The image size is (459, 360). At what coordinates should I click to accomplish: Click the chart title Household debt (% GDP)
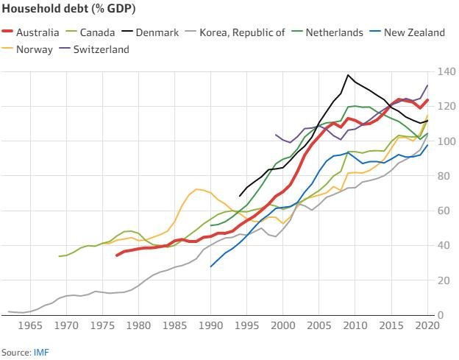62,9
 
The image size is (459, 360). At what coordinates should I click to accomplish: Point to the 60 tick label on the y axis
444,211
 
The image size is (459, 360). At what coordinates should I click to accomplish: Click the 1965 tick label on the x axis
30,325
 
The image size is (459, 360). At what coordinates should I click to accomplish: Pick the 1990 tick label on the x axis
211,325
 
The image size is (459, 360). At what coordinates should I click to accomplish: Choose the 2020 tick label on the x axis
427,325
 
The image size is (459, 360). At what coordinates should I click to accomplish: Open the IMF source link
41,352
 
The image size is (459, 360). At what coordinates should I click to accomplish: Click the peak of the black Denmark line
348,75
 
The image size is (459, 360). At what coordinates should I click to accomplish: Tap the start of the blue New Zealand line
211,267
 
